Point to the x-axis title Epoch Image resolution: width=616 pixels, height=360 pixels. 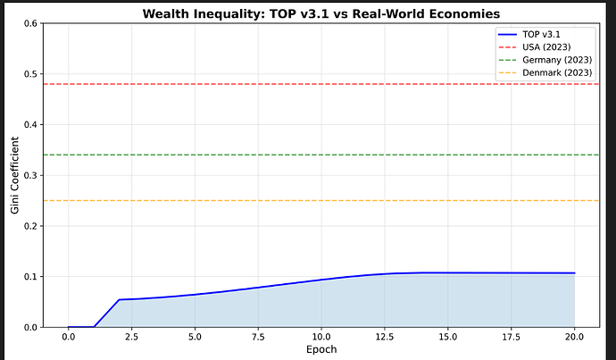click(x=320, y=349)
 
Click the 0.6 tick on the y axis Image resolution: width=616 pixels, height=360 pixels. click(x=28, y=23)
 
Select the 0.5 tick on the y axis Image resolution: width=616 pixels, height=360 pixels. click(x=28, y=74)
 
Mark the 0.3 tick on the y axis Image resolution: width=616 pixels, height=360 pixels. click(x=28, y=175)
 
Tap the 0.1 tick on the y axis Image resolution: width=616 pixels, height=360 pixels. click(x=28, y=277)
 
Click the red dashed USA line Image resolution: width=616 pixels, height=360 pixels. click(x=268, y=84)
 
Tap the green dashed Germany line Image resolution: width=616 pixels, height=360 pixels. click(x=268, y=155)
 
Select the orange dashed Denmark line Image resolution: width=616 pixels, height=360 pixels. click(x=268, y=201)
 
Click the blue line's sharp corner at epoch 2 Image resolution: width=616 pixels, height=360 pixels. click(x=119, y=299)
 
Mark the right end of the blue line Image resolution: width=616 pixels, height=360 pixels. click(x=574, y=273)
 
